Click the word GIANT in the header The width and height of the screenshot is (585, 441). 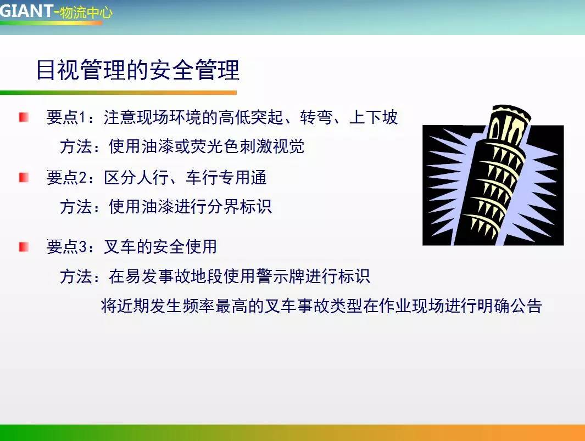(x=26, y=11)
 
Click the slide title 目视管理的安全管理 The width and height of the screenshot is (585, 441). (x=138, y=70)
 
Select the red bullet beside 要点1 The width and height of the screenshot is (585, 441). (x=24, y=117)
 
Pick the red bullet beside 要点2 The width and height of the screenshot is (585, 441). (x=24, y=177)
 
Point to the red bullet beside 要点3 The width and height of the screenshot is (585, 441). (x=24, y=247)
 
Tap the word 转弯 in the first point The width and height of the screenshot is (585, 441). (x=316, y=117)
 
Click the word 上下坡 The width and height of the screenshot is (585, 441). (x=374, y=117)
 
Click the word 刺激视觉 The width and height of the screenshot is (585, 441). (x=271, y=146)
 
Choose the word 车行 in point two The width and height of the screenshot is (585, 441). (x=202, y=177)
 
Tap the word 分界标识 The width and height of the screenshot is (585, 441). (x=239, y=207)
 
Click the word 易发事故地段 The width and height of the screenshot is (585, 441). (x=174, y=276)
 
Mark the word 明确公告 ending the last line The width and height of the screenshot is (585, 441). (x=509, y=306)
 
